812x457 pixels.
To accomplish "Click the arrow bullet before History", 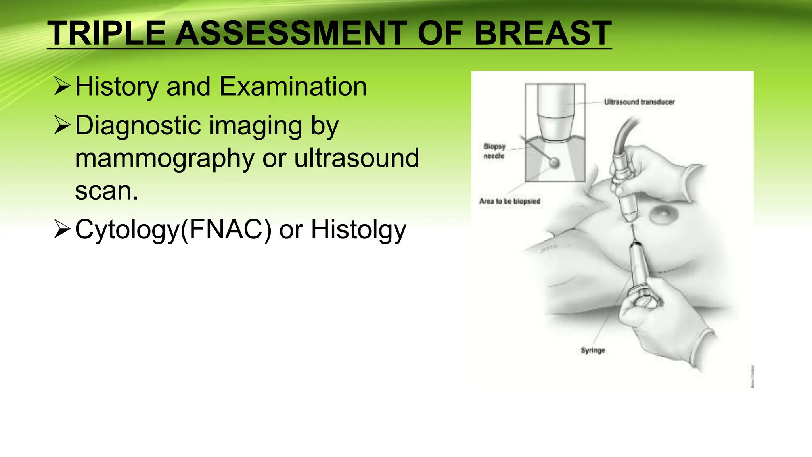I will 62,86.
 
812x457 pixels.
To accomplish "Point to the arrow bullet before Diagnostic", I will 62,125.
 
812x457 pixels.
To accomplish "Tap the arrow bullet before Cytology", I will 62,229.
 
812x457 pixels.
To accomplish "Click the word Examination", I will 293,86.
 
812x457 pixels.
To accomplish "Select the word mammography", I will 164,159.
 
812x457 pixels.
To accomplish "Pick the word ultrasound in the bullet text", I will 356,158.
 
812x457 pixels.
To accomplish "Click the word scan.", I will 106,191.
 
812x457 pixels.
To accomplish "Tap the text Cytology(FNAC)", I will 173,230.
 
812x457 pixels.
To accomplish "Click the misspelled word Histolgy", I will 358,230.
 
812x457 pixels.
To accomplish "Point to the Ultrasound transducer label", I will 639,102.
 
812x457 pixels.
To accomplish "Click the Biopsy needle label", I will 494,151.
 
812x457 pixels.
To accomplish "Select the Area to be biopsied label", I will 509,201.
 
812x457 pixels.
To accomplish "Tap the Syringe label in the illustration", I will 593,350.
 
